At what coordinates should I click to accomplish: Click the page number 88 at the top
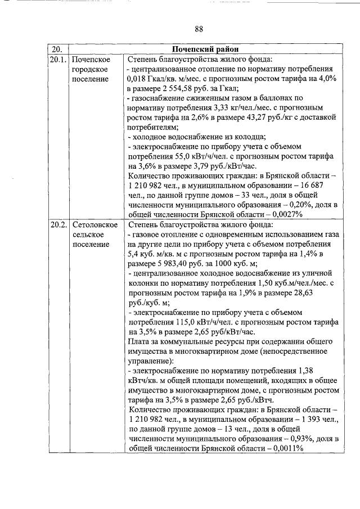click(x=199, y=29)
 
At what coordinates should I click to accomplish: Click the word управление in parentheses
click(x=151, y=362)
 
